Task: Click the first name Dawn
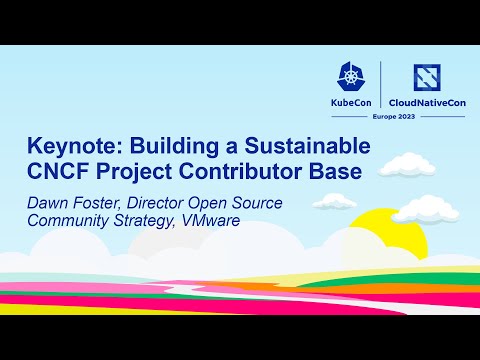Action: click(46, 203)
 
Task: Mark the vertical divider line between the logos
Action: click(381, 88)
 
